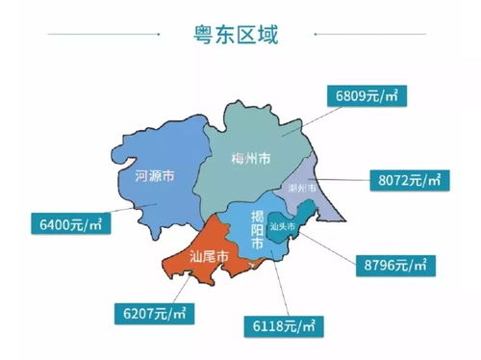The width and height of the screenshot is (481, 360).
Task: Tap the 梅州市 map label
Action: tap(252, 158)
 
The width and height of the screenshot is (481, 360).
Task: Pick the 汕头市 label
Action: tap(285, 228)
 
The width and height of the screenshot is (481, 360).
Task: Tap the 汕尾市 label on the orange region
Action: tap(208, 257)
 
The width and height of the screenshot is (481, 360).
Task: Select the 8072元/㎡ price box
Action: tap(405, 180)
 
